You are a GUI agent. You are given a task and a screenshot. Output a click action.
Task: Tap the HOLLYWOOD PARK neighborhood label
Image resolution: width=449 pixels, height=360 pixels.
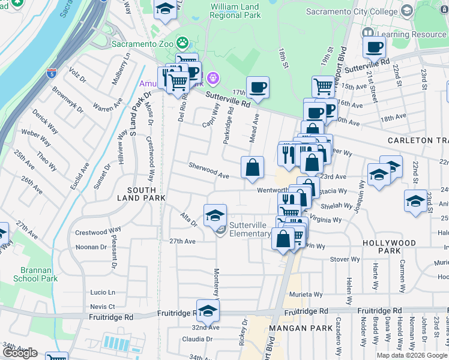tap(389, 247)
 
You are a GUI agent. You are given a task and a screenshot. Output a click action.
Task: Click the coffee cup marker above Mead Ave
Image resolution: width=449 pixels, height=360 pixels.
tap(258, 88)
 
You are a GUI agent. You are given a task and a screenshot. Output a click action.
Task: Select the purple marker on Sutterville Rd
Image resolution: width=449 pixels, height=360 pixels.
tap(212, 77)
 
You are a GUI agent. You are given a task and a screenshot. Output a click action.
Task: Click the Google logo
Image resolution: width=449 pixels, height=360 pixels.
tap(20, 353)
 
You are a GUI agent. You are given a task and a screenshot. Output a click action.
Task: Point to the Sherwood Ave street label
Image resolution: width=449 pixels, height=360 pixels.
tap(209, 170)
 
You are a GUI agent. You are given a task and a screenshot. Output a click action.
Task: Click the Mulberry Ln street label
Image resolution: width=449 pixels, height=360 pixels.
tap(118, 69)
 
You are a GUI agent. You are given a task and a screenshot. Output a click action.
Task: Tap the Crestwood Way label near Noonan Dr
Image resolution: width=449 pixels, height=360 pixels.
tap(98, 232)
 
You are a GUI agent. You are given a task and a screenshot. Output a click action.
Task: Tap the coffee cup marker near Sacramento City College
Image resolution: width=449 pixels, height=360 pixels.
tap(374, 47)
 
